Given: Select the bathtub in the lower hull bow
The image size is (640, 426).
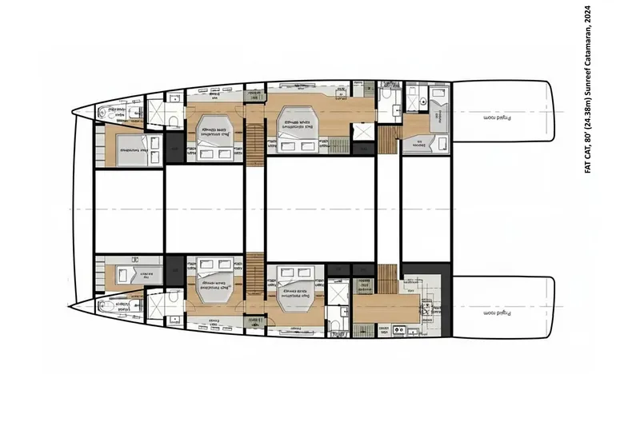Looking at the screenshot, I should (x=112, y=305).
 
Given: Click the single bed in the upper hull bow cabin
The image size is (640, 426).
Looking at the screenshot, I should (x=128, y=150).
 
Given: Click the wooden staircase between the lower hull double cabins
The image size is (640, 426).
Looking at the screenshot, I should (x=255, y=268).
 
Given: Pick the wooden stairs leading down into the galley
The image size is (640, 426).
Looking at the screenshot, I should (x=387, y=278).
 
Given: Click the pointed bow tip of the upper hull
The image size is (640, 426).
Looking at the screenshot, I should (x=74, y=113).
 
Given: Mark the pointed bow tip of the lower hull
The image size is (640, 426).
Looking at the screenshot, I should (x=73, y=306).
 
